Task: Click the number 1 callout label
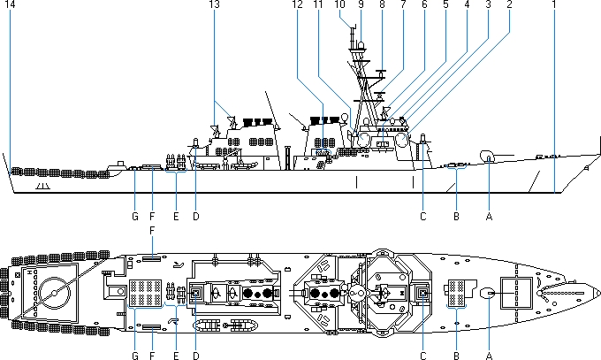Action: [553, 5]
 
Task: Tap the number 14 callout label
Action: [10, 5]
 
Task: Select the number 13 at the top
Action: [213, 5]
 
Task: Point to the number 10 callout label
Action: [340, 5]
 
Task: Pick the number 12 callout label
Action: [298, 5]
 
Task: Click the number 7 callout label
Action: [403, 5]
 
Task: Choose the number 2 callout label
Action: [509, 5]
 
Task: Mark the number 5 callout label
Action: [445, 5]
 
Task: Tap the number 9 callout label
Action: [361, 5]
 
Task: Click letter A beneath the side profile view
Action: [489, 215]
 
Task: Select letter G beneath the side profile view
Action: [134, 215]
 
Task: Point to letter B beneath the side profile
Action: [456, 215]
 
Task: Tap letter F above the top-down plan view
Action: [152, 230]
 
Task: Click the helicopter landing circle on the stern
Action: [53, 292]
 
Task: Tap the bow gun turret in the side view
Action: [487, 157]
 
